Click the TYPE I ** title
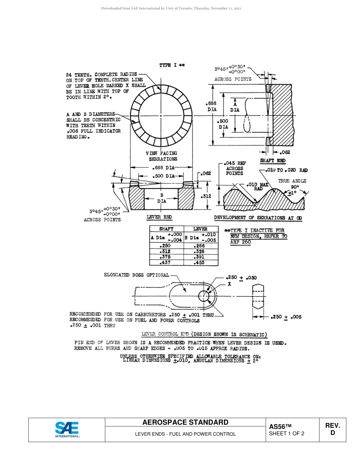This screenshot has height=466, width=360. point(172,66)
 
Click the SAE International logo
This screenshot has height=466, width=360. point(67,430)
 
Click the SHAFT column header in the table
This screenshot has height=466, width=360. point(166,229)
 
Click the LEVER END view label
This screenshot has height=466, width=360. point(159,217)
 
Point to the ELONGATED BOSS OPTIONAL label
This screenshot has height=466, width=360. point(136,275)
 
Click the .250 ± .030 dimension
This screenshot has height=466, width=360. point(241,277)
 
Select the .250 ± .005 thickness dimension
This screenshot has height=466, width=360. point(286,317)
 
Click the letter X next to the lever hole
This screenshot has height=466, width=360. point(229,284)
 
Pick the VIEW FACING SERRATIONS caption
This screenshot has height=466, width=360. point(161,156)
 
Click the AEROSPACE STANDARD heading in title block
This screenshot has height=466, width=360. point(185,422)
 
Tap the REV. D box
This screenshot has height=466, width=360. point(332,429)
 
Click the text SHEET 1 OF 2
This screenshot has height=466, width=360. point(286,433)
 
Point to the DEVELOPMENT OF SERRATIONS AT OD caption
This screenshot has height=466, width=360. point(258,218)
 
